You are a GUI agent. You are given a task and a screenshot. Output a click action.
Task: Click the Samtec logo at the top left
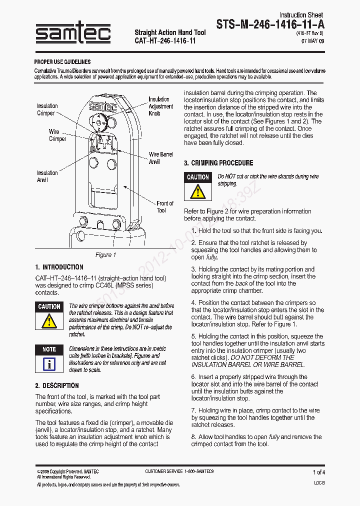point(73,34)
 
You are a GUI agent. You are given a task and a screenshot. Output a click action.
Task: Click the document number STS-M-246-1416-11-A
point(270,24)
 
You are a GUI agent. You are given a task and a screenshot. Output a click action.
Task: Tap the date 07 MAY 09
point(312,41)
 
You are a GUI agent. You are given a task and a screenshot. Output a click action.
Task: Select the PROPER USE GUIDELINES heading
point(62,62)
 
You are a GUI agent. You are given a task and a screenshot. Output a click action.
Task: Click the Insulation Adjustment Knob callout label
point(160,106)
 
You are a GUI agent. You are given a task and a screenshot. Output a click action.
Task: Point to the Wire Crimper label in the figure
point(57,135)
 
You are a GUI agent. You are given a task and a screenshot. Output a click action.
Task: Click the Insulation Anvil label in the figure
point(47,176)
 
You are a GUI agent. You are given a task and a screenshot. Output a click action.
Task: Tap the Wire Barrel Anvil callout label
point(160,158)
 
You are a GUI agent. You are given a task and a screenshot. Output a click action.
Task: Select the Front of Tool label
point(164,206)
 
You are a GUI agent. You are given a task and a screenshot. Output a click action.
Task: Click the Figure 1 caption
point(105,254)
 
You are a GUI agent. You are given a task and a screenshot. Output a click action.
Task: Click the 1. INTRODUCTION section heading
point(59,267)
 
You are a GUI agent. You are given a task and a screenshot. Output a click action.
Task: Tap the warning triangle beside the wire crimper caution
point(49,320)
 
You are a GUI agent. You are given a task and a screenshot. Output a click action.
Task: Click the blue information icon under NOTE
point(49,363)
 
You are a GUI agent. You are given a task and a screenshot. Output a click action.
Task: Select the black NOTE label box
point(49,349)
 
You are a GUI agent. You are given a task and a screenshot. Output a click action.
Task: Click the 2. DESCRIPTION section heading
point(57,385)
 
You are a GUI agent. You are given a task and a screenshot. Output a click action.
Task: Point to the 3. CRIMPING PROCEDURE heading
point(218,163)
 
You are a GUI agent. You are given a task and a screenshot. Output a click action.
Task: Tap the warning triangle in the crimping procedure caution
point(197,191)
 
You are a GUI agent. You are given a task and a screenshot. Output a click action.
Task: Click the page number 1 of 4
point(318,472)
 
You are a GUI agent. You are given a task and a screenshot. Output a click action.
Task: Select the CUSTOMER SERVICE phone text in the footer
point(179,471)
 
